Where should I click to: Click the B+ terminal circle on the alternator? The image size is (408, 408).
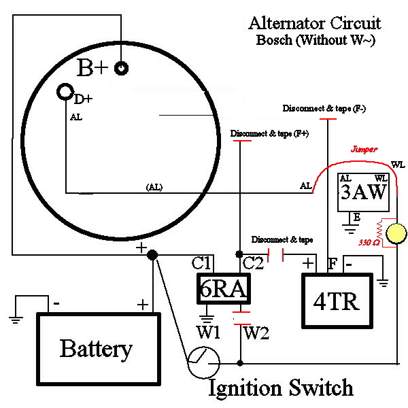coord(122,68)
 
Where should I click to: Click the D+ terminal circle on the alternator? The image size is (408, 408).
coord(65,91)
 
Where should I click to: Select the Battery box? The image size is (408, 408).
coord(96,348)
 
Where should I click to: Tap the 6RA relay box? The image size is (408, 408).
coord(222,289)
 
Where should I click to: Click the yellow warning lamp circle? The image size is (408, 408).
coord(395,235)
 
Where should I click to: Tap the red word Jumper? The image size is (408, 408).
coord(364,148)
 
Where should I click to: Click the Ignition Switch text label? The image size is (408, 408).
coord(280,388)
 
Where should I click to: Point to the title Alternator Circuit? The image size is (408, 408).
coord(314,23)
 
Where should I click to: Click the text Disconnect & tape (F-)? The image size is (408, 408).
coord(327,109)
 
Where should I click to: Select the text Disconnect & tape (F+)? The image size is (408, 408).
coord(269,133)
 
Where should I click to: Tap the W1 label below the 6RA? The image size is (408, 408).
coord(208,333)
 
